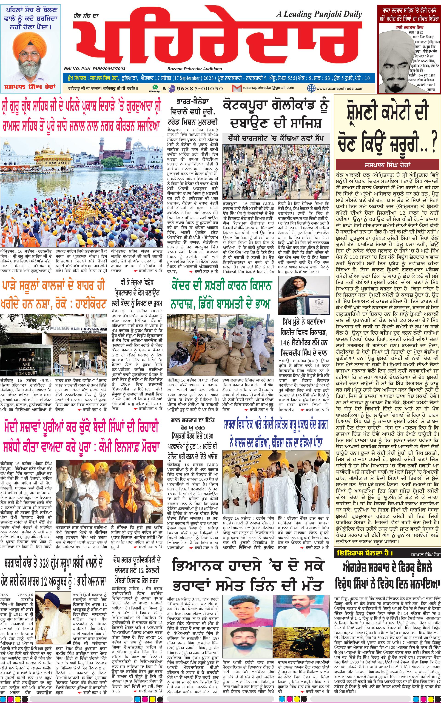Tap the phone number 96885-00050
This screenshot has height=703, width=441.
tap(198, 88)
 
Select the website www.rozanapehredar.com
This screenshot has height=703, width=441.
tap(339, 88)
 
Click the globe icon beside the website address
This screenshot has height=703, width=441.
tap(311, 88)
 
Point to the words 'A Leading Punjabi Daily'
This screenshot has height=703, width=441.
tap(319, 14)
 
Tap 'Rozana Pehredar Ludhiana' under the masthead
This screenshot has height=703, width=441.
tap(195, 69)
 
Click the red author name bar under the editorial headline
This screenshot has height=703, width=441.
tap(387, 165)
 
